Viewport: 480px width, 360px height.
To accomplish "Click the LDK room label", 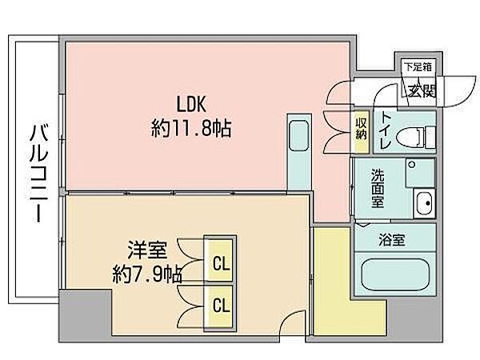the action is (x=191, y=104).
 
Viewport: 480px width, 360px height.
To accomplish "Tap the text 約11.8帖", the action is (x=191, y=128).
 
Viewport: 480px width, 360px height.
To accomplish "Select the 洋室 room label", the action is (x=147, y=250).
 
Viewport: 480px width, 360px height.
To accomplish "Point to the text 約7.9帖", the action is (x=147, y=274).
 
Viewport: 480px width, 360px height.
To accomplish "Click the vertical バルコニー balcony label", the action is (x=39, y=172).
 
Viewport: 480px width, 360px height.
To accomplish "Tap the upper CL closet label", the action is (x=221, y=263).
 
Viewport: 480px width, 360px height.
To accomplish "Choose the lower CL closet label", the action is (x=221, y=306).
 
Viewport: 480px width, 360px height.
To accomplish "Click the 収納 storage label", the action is (x=361, y=129).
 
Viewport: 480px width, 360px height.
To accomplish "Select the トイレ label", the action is (x=386, y=131).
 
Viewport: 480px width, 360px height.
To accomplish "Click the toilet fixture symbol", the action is (x=414, y=137).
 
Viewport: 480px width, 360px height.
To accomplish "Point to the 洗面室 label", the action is (x=378, y=188).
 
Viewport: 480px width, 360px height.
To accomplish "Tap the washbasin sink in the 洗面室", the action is (x=424, y=203).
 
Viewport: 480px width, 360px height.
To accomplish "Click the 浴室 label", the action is (x=392, y=240).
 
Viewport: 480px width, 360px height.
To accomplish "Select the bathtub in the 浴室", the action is (x=395, y=274).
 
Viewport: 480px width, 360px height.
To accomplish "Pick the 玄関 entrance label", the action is (x=422, y=90).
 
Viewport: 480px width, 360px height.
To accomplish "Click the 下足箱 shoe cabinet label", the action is (x=418, y=66).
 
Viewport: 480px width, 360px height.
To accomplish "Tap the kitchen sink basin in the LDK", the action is (x=298, y=136).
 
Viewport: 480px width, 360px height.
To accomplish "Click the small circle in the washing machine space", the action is (x=412, y=165).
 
